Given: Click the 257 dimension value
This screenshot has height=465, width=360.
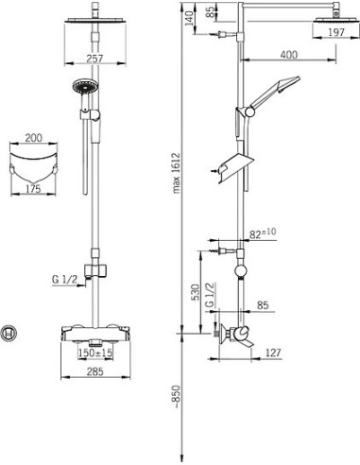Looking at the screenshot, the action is coord(94,58).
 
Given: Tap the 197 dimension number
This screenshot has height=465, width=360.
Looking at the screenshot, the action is coord(336,32).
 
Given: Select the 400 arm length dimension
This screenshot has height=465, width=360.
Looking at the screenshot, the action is coord(289,55).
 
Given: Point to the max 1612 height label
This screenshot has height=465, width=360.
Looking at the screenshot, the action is coord(176,173).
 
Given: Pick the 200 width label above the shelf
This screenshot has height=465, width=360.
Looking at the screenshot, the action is coord(34,138).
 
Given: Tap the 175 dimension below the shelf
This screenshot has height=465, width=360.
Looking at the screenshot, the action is coord(33,189).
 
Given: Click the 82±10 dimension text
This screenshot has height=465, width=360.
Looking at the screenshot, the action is coord(263,233).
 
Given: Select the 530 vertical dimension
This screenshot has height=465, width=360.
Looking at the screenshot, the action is coord(196,292).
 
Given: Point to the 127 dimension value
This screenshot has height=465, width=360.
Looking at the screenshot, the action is coord(273,353).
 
